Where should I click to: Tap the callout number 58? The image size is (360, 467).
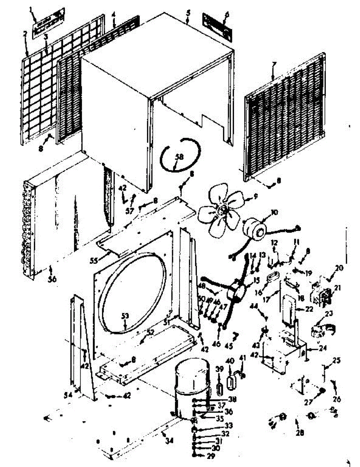pos(179,157)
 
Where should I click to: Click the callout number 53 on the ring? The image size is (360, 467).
pos(125,316)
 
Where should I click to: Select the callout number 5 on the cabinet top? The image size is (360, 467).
pos(188,12)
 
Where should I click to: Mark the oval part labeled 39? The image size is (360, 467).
pos(220,388)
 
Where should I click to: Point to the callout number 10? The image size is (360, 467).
pos(275,212)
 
